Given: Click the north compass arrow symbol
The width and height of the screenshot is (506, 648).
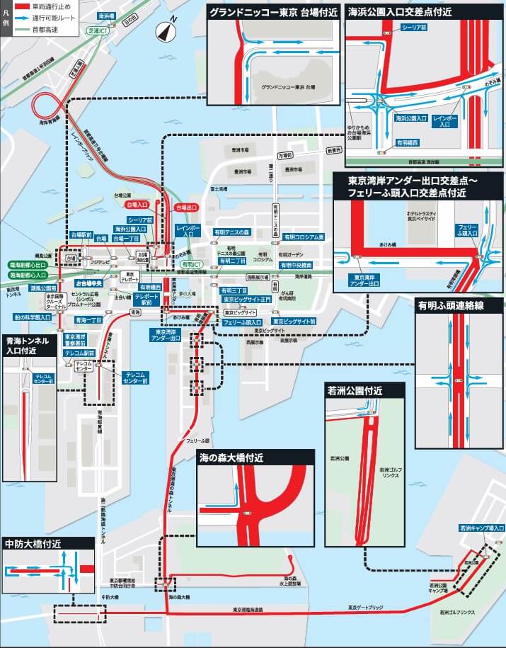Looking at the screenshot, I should [x=167, y=32].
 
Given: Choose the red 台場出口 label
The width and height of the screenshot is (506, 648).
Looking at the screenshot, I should [x=186, y=207].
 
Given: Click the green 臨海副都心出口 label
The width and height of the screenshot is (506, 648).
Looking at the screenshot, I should [x=28, y=265].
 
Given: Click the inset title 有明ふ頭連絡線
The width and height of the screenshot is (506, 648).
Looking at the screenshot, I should [x=450, y=305].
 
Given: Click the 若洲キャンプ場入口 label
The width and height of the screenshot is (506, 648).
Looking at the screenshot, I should [x=482, y=528].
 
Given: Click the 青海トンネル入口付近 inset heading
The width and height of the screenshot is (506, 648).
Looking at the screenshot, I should [x=28, y=345].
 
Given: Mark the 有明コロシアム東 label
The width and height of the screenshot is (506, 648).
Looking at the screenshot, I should [x=303, y=237].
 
